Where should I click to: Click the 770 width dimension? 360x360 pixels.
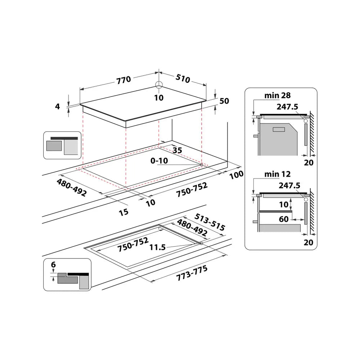tap(123, 80)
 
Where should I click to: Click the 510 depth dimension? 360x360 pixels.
tap(183, 78)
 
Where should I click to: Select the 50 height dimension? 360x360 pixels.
tap(224, 101)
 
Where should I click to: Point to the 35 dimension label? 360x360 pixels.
tap(177, 150)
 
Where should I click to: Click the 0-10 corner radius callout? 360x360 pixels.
tap(159, 161)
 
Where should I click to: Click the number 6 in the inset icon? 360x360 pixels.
tap(53, 265)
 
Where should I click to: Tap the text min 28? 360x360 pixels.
tap(277, 95)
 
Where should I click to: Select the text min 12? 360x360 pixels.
tap(277, 174)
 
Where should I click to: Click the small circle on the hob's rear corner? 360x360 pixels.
tap(159, 85)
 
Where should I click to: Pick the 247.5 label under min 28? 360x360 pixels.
tap(288, 107)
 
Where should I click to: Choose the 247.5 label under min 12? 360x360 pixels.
tap(288, 185)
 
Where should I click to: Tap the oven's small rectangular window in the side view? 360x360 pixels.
tap(279, 129)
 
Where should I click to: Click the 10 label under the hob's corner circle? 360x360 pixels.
tap(159, 97)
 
